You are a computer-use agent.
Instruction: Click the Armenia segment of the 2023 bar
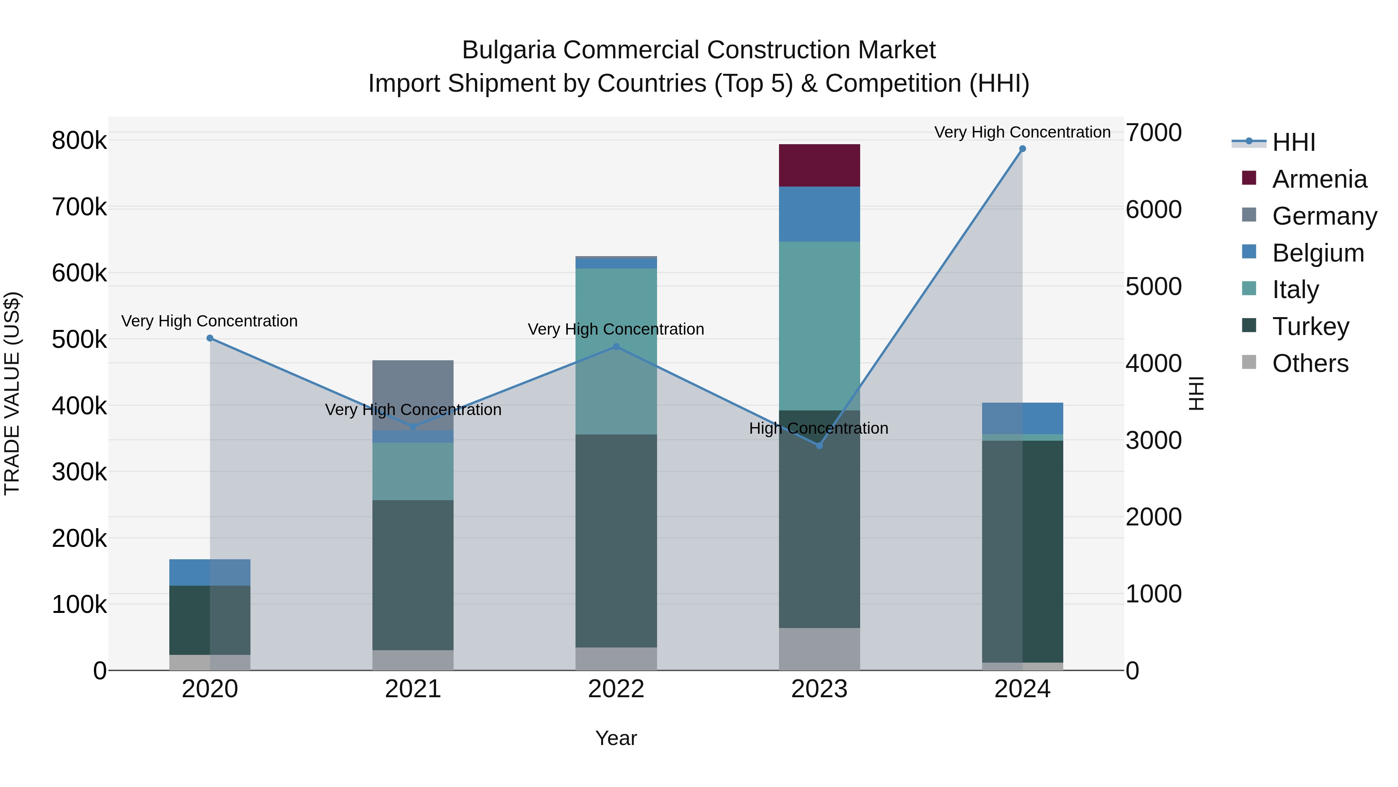[819, 165]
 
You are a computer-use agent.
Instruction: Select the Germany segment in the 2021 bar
[412, 395]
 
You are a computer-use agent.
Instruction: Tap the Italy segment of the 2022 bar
[616, 351]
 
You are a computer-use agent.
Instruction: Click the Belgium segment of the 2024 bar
[1022, 418]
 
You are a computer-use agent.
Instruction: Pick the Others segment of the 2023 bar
[819, 649]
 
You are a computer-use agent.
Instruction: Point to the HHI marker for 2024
[1022, 149]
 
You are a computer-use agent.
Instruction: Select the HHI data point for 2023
[819, 445]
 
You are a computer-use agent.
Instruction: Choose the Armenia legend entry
[1319, 179]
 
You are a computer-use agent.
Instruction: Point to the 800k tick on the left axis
[79, 141]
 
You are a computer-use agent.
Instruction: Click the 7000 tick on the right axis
[1153, 133]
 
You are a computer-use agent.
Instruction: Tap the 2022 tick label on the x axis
[616, 689]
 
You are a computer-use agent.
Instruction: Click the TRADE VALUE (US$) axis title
[12, 393]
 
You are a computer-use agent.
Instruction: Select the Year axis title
[616, 738]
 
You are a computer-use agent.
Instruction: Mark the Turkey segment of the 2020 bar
[210, 620]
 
